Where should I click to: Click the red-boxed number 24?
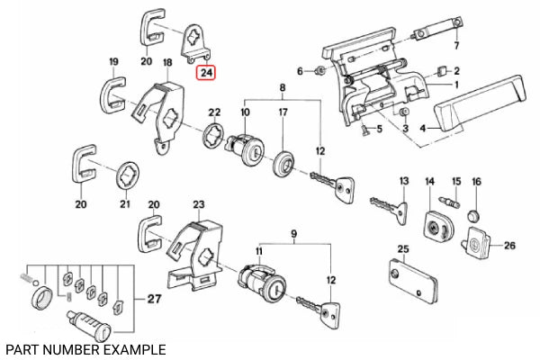(x=207, y=72)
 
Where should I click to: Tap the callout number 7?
(x=456, y=46)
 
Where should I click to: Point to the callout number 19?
(x=113, y=61)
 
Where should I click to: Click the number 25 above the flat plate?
(x=402, y=249)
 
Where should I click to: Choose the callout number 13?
(x=403, y=181)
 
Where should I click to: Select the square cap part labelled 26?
(x=478, y=240)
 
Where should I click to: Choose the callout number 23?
(x=199, y=205)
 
